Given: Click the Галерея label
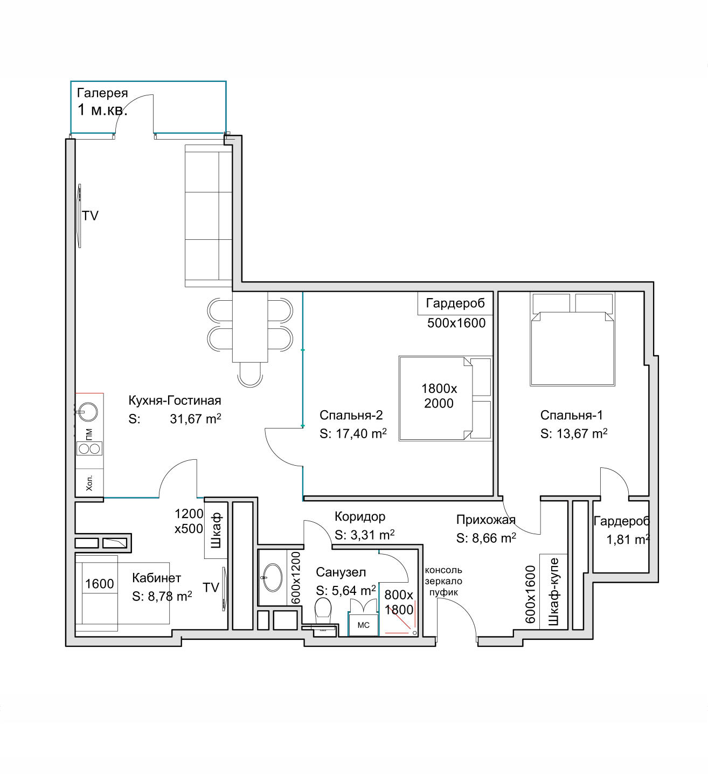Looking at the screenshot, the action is pyautogui.click(x=102, y=93).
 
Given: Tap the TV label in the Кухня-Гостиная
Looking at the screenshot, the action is pyautogui.click(x=90, y=216).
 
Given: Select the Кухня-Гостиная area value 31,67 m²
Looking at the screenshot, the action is pyautogui.click(x=195, y=419).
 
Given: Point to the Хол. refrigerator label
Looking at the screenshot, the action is pyautogui.click(x=89, y=482).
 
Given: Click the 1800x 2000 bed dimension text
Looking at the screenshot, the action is pyautogui.click(x=439, y=396).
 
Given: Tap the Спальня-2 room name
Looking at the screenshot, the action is pyautogui.click(x=351, y=415).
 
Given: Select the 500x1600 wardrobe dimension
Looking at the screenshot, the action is pyautogui.click(x=456, y=323).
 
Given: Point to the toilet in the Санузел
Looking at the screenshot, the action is pyautogui.click(x=323, y=610).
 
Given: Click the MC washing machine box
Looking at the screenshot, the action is pyautogui.click(x=364, y=625).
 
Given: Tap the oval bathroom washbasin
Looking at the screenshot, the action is pyautogui.click(x=273, y=577).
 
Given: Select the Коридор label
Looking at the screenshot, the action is pyautogui.click(x=360, y=516).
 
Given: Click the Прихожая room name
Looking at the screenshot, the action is pyautogui.click(x=485, y=520).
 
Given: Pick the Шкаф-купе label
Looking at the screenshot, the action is pyautogui.click(x=553, y=592).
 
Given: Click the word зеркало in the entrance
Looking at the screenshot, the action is pyautogui.click(x=443, y=581).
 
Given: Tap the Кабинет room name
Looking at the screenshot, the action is pyautogui.click(x=156, y=578).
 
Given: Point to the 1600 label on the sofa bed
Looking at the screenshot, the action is pyautogui.click(x=99, y=584).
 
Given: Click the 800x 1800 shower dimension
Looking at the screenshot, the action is pyautogui.click(x=399, y=602).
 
